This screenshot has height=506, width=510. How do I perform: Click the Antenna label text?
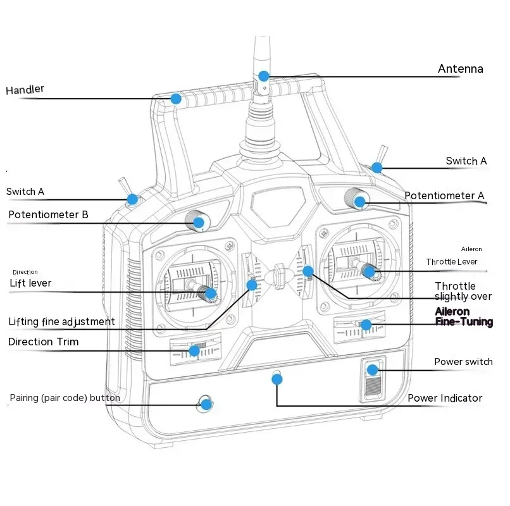pos(460,69)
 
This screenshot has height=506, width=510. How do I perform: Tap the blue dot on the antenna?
pos(264,76)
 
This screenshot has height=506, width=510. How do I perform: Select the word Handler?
pos(25,90)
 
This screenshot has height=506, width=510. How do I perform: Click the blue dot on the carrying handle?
pos(176,99)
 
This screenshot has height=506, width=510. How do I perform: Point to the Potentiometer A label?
pos(444,196)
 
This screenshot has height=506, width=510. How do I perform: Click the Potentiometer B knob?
pos(197,221)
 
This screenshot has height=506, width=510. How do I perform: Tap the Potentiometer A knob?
pos(357,199)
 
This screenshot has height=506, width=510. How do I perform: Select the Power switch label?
pos(463,362)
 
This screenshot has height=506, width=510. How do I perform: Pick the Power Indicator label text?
pos(445,398)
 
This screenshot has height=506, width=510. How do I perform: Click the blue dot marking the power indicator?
pos(277,379)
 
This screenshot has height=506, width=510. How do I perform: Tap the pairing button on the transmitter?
pos(204,404)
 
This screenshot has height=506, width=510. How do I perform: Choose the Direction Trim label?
pos(43,342)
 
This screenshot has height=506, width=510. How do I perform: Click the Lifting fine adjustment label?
pos(61,321)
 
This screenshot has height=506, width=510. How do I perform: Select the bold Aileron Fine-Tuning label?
pos(464,316)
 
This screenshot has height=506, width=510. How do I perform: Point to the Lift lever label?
pos(30,283)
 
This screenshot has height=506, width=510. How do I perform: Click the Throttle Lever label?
pos(451,262)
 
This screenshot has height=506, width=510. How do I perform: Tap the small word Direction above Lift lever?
pos(25,272)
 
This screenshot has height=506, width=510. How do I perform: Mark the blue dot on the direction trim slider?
pos(194,350)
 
